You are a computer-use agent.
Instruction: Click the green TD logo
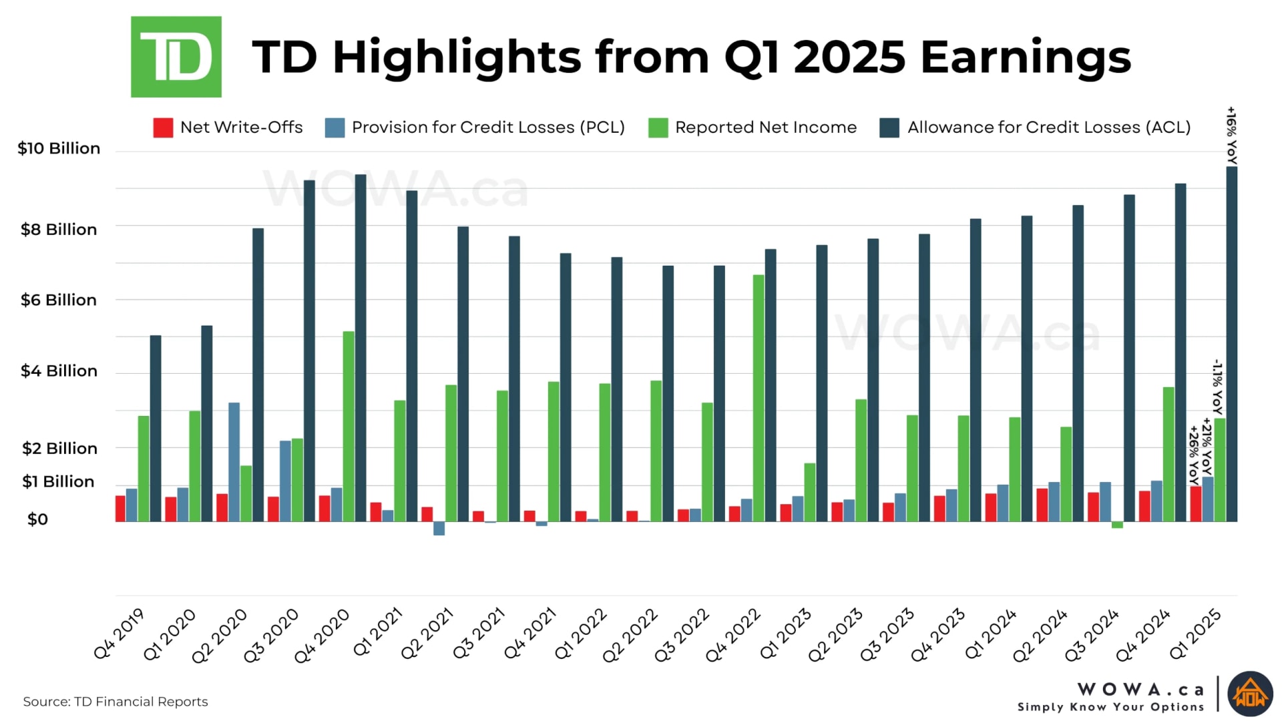pos(176,57)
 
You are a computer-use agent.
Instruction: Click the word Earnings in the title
pos(1026,57)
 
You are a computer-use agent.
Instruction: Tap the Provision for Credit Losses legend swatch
pos(335,128)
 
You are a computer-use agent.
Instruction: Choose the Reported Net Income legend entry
pos(753,128)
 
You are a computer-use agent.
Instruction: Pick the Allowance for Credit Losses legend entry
pos(1035,128)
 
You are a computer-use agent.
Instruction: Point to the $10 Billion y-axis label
pos(59,148)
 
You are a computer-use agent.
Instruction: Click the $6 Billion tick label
pos(59,300)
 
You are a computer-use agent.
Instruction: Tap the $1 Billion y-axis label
pos(58,482)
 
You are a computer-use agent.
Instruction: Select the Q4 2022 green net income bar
pos(759,398)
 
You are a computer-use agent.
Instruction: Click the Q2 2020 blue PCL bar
pos(234,462)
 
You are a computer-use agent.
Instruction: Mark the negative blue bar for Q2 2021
pos(439,529)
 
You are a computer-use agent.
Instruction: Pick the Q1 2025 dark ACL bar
pos(1231,344)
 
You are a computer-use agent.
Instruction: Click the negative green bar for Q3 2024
pos(1117,525)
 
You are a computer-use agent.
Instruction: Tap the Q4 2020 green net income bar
pos(349,426)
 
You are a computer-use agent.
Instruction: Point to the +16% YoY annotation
pos(1232,136)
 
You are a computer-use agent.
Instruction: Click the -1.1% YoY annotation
pos(1217,387)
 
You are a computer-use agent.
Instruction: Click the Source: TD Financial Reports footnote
pos(116,702)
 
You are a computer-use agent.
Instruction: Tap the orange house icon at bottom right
pos(1250,694)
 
